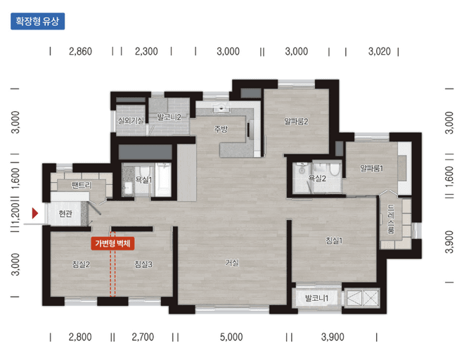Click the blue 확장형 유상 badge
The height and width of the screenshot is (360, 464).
(37, 21)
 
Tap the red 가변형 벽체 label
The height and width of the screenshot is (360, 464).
(112, 244)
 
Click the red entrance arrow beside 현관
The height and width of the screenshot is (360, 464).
(35, 213)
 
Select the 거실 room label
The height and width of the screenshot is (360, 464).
(232, 262)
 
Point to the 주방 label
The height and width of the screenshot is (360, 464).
(221, 129)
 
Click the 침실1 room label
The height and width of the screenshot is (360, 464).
(334, 240)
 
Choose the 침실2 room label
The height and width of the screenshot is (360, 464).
(81, 264)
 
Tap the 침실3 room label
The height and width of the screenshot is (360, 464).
(143, 264)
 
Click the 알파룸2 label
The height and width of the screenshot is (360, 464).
(296, 122)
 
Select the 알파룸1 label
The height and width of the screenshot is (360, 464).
(372, 169)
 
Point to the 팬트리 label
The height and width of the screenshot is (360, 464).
(82, 186)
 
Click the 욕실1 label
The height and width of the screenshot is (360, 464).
(143, 180)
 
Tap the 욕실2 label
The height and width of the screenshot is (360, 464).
(317, 179)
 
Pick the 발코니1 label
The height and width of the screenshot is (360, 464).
(316, 298)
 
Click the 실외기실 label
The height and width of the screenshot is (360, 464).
(131, 120)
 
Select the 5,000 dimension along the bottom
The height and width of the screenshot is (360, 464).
(231, 337)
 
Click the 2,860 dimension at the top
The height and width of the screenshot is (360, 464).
(80, 51)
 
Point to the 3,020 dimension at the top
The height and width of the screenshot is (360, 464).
(380, 51)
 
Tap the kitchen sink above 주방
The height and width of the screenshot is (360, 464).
(221, 108)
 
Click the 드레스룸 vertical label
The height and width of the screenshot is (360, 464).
(391, 219)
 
